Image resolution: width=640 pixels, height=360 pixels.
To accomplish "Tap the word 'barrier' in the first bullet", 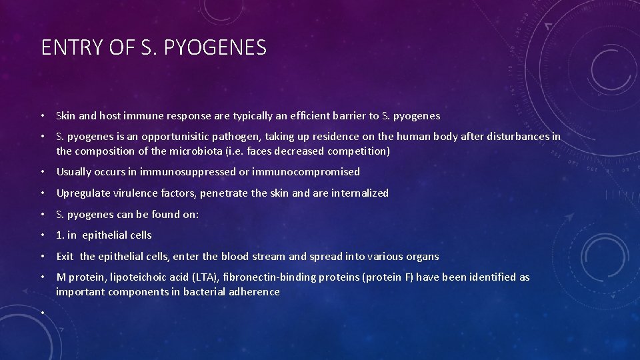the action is click(349, 116).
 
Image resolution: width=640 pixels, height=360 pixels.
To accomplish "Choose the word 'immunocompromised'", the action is click(306, 172).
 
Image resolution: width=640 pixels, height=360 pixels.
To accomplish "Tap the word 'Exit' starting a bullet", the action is click(65, 256).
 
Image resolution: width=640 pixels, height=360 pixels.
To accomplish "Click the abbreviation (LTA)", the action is click(206, 277).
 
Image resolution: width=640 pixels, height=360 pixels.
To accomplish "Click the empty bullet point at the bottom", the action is click(43, 313).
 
